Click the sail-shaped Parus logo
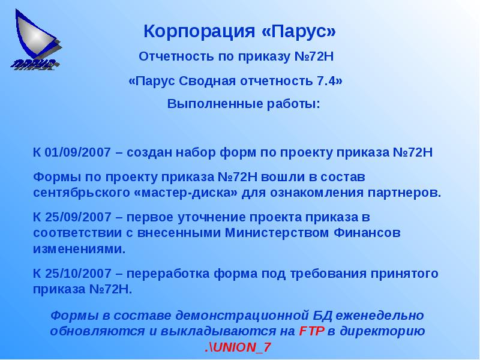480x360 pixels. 36,40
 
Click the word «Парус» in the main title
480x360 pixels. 299,31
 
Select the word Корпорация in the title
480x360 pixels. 199,32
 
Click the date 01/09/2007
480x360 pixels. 78,152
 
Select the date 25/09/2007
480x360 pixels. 78,217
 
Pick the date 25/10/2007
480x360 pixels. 78,274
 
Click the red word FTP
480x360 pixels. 311,331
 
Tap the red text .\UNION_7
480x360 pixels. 238,347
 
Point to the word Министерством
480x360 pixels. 277,233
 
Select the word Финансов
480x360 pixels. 367,233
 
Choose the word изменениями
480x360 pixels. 79,249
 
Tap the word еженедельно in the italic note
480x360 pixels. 380,315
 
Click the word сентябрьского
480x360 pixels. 82,193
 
